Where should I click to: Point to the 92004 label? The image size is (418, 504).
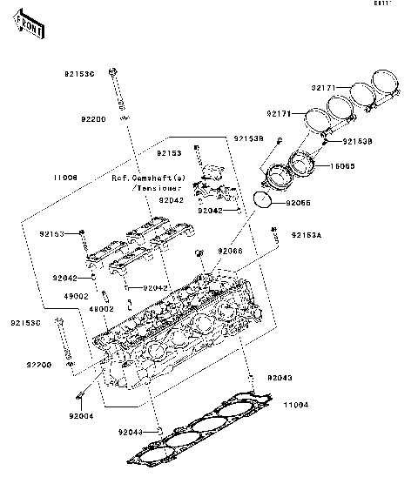coord(82,416)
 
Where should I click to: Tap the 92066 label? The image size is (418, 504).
coord(231,251)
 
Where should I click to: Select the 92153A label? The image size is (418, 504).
coord(306,235)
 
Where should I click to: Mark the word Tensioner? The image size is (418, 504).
coord(158,187)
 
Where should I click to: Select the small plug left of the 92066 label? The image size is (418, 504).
coord(199,253)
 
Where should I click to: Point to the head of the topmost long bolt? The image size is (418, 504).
coord(114,71)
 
